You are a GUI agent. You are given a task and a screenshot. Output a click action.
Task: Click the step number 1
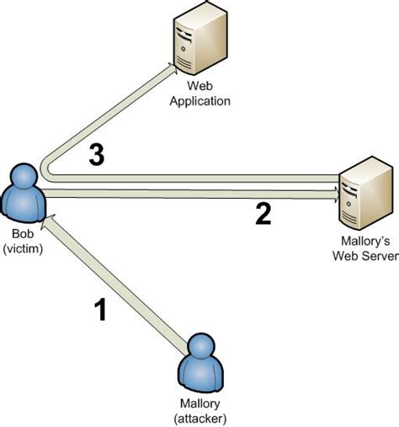tap(100, 311)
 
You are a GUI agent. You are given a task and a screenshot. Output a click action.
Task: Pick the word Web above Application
tap(202, 88)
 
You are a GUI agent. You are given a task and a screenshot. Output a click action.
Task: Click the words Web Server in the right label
tap(365, 256)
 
